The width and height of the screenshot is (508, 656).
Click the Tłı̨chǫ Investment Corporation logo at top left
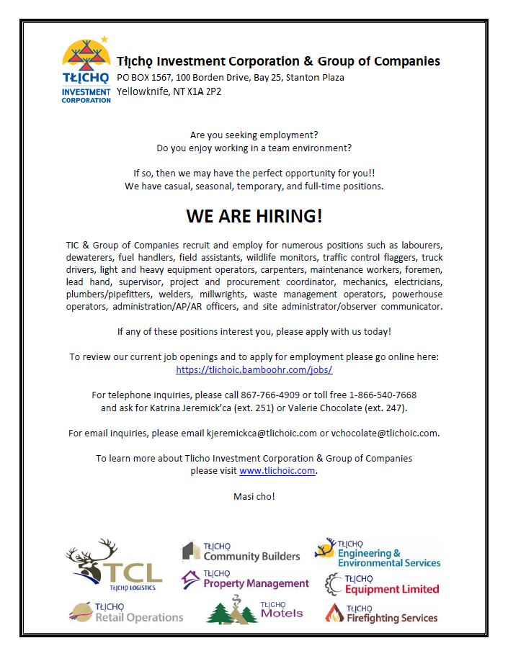[x=86, y=70]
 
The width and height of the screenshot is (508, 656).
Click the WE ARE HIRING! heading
[x=254, y=216]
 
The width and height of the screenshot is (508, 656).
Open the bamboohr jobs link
[x=254, y=369]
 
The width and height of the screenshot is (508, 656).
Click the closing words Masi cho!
[x=254, y=496]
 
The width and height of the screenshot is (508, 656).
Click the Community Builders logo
[x=240, y=552]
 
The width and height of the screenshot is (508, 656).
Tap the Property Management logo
[x=245, y=580]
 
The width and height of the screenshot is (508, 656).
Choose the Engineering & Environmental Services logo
[x=378, y=553]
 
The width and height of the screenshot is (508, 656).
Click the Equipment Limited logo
[x=381, y=584]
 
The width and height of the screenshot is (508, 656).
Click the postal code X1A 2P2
[x=187, y=91]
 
